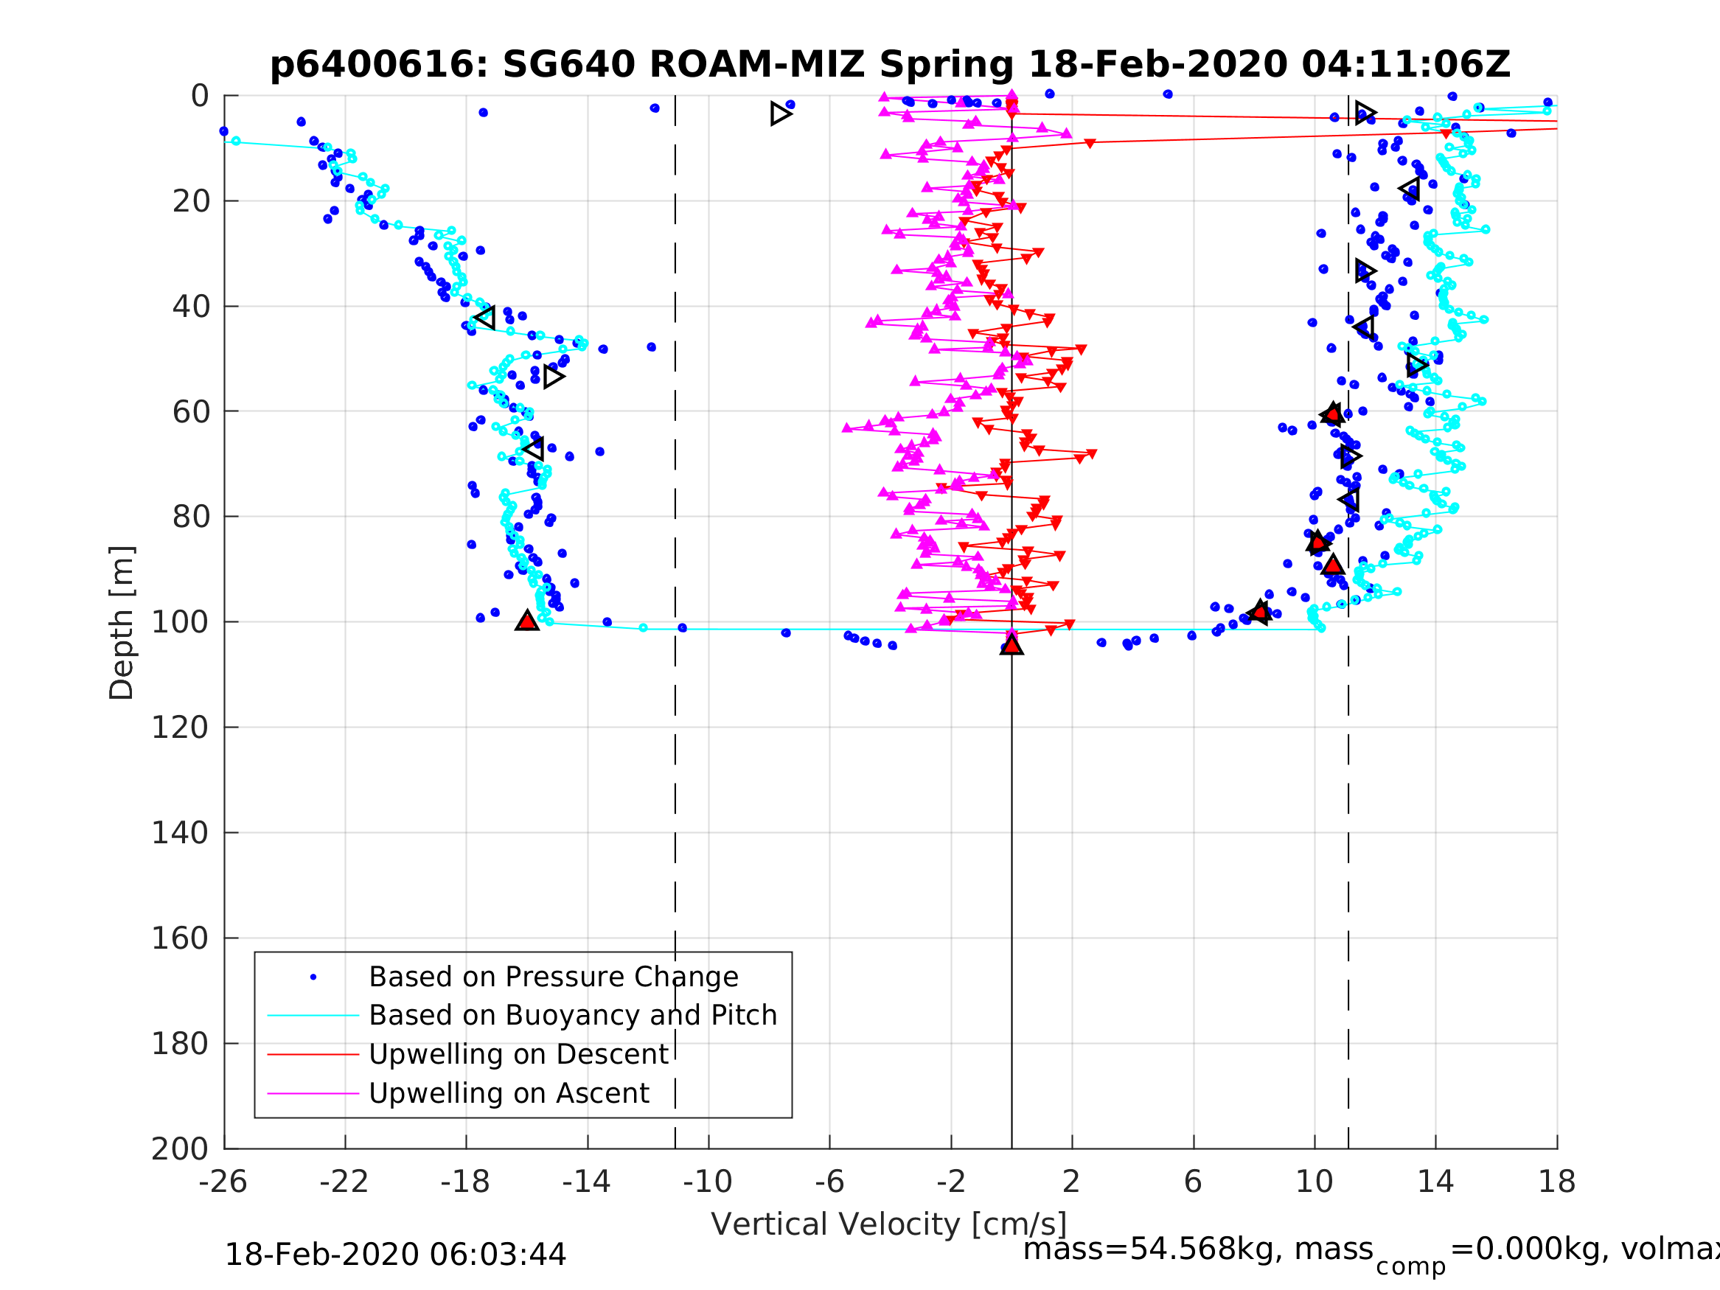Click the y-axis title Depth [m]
tap(122, 623)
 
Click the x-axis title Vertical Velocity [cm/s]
tap(889, 1224)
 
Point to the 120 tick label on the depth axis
tap(179, 728)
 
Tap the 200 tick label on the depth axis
tap(179, 1149)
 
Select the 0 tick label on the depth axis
tap(200, 97)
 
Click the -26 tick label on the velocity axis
tap(223, 1182)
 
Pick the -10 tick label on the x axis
tap(708, 1182)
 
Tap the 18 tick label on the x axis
tap(1557, 1182)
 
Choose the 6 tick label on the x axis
tap(1193, 1182)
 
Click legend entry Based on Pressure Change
tap(553, 977)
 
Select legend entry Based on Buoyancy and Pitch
tap(572, 1016)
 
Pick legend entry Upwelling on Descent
tap(518, 1054)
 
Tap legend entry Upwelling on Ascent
tap(509, 1093)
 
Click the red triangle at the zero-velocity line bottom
tap(1012, 644)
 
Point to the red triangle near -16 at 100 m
tap(527, 621)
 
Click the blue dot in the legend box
tap(313, 977)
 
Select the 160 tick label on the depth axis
tap(179, 938)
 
